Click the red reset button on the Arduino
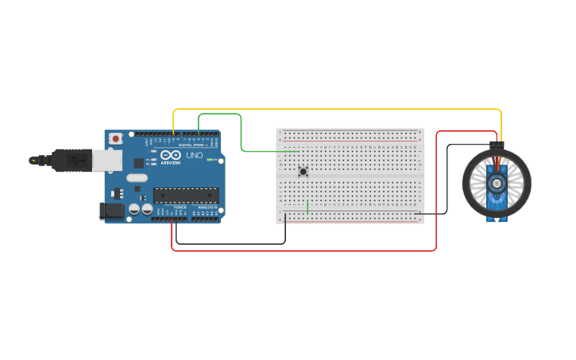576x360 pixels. click(x=116, y=138)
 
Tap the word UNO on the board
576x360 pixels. click(x=195, y=155)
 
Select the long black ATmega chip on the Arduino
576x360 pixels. click(x=186, y=195)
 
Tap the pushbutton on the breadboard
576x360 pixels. click(x=303, y=171)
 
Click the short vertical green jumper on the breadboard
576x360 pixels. click(x=307, y=206)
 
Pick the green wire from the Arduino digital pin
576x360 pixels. click(x=241, y=131)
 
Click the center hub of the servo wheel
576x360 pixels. click(x=497, y=184)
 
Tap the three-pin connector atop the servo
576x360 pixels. click(x=497, y=145)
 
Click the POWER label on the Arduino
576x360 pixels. click(x=180, y=207)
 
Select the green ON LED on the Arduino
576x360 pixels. click(x=211, y=160)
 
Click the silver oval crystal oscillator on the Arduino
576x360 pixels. click(x=137, y=177)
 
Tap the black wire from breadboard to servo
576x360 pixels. click(x=447, y=179)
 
